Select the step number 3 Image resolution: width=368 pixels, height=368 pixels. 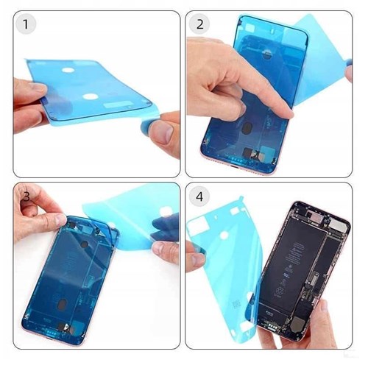pos(26,197)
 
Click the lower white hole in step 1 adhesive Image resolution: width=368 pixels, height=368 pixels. pos(91,96)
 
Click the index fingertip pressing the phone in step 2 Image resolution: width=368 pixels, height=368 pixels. pos(287,113)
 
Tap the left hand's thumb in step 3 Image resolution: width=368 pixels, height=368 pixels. pos(52,218)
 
